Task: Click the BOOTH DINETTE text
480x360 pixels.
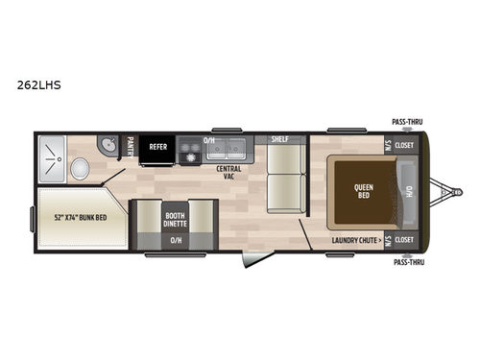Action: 175,219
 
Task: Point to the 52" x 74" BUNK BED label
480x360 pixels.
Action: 82,218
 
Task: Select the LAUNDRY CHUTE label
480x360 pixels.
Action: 357,239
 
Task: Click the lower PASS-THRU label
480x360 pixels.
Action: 407,260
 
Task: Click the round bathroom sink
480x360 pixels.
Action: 107,145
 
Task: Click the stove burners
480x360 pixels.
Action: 189,151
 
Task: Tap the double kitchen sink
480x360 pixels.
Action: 226,149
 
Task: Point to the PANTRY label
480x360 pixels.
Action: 129,147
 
